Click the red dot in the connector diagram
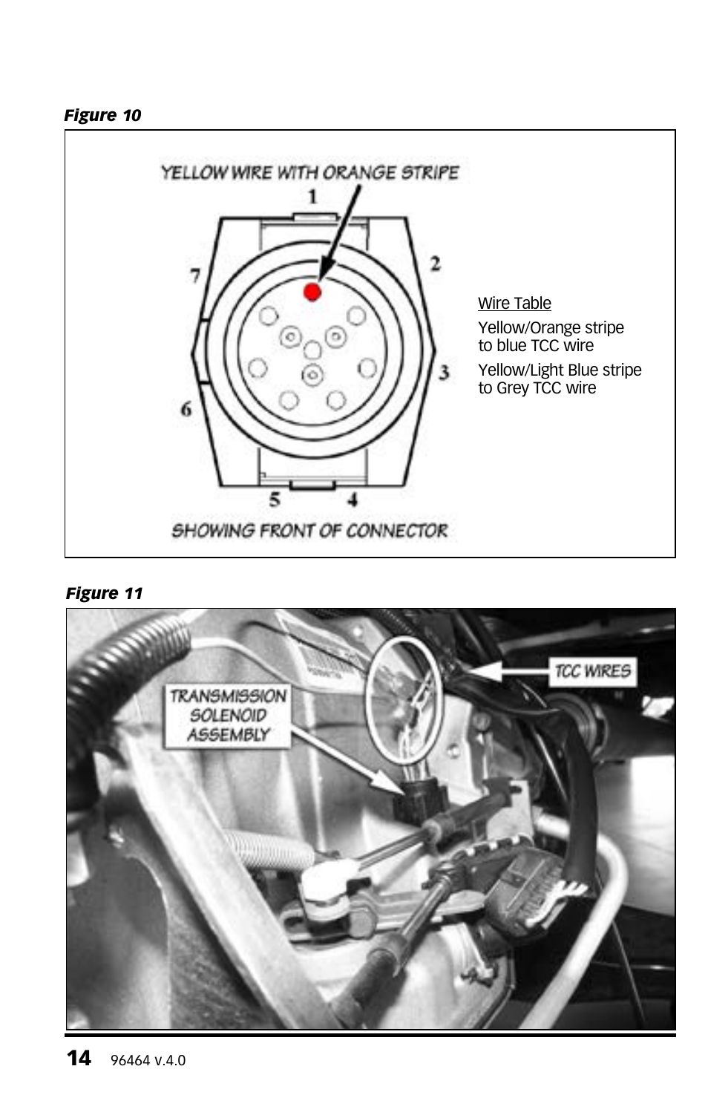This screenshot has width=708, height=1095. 312,292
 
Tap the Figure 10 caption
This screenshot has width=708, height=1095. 102,115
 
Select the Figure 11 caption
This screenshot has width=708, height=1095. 104,593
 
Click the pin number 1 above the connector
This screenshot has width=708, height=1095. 312,196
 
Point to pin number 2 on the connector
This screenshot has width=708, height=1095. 435,263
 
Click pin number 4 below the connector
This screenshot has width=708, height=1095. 352,500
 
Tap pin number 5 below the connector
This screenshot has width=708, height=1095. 275,500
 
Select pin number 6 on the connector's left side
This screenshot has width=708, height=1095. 186,408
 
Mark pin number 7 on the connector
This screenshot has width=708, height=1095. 194,275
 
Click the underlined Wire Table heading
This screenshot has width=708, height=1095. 514,303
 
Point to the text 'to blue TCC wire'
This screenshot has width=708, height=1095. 536,346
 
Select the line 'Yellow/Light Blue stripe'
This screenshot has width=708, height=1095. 560,370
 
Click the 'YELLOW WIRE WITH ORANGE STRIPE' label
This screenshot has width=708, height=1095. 310,172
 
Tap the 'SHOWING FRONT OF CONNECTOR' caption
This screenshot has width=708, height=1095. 309,531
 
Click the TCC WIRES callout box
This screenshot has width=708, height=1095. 592,671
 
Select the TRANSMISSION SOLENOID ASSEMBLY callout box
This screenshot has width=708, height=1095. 228,715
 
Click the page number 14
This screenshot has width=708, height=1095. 79,1058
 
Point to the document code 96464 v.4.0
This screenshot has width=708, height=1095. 148,1061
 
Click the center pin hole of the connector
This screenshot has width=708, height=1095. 313,350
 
